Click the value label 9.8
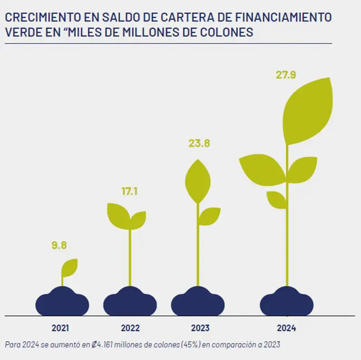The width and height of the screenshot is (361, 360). coord(59,245)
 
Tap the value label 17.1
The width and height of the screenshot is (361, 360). coord(129,191)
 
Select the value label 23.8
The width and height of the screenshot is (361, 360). coord(199,144)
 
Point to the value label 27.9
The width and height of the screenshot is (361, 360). coord(286,75)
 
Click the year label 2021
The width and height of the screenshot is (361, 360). coord(60,328)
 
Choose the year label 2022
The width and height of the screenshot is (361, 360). coord(130,328)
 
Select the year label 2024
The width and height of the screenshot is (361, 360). coord(287,328)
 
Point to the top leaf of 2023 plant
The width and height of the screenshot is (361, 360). coord(198,181)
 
